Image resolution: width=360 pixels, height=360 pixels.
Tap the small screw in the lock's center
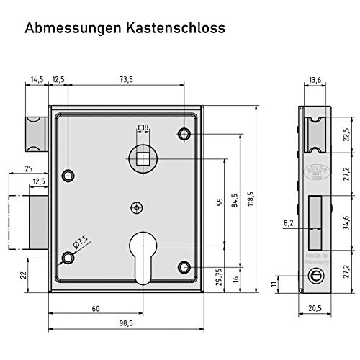pyautogui.click(x=135, y=207)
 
